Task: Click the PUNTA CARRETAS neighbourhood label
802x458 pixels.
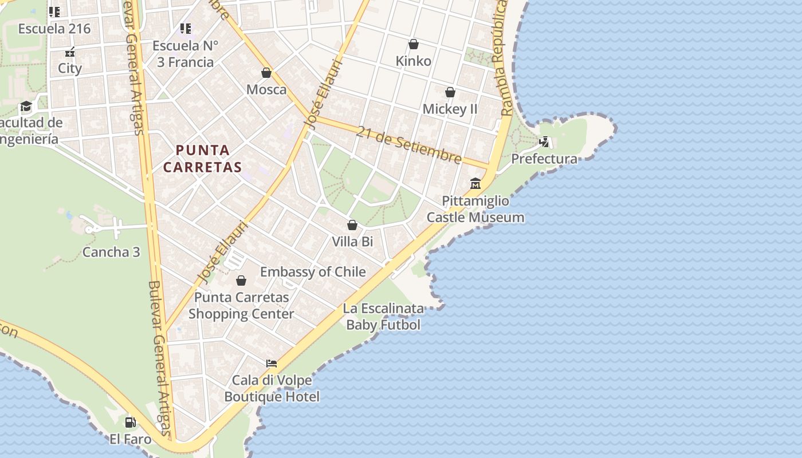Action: click(x=202, y=159)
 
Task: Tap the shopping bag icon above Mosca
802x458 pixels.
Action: click(x=266, y=73)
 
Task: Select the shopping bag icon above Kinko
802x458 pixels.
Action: click(x=414, y=44)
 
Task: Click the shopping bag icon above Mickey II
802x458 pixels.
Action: click(x=450, y=92)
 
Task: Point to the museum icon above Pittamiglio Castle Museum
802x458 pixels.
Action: click(x=475, y=184)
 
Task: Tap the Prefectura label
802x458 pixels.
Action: click(x=544, y=159)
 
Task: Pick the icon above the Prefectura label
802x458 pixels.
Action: click(x=544, y=141)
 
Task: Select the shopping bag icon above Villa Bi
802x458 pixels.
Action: click(x=352, y=225)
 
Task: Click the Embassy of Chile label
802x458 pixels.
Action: click(x=313, y=271)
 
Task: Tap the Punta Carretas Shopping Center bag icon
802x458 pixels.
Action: click(x=241, y=281)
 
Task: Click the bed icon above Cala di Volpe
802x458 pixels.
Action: click(x=272, y=363)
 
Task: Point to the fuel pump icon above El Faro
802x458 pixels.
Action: click(x=131, y=423)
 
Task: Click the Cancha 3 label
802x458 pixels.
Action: click(x=111, y=252)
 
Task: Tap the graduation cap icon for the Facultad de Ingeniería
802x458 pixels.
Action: click(x=26, y=106)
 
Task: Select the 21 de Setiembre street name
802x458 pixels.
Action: click(x=408, y=144)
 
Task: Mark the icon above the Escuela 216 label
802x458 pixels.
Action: click(x=54, y=11)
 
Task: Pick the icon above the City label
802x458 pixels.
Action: click(x=70, y=52)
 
